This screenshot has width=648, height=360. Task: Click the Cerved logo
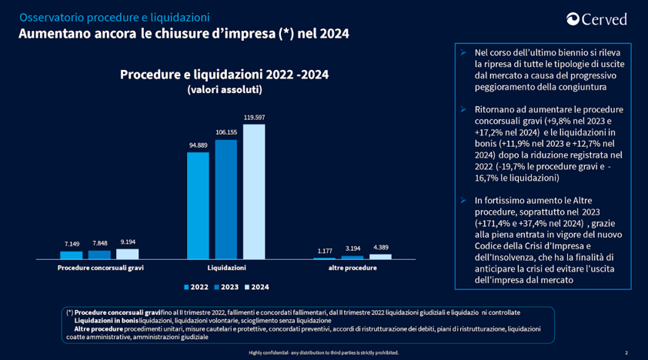596,19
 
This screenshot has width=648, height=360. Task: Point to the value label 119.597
254,118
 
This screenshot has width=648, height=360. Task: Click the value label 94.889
198,145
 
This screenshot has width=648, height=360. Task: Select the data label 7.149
72,244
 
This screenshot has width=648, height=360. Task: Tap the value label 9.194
127,242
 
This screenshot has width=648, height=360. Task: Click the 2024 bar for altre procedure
380,256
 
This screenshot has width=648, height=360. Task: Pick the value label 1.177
324,251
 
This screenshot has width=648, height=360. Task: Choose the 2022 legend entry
196,286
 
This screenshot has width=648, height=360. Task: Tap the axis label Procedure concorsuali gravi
100,268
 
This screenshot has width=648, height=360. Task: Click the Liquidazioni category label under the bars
226,268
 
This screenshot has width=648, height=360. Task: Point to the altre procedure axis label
352,268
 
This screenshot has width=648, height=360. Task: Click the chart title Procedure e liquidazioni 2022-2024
225,74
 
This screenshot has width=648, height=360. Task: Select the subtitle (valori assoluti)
225,90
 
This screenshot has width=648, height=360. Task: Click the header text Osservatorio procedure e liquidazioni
114,17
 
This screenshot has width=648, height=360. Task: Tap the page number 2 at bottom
626,352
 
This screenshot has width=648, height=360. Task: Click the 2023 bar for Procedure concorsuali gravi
99,254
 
